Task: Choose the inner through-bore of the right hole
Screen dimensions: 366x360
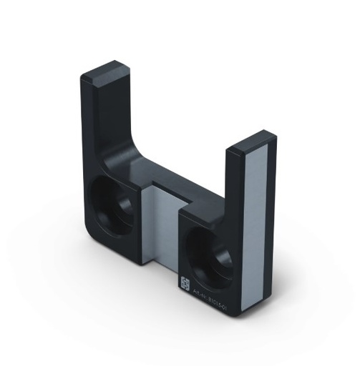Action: coord(213,252)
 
